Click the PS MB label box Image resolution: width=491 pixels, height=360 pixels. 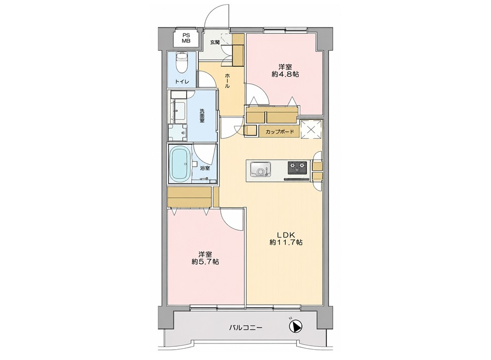(186, 38)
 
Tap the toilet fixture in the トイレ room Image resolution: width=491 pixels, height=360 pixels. (181, 62)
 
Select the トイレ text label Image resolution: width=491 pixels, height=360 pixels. (181, 82)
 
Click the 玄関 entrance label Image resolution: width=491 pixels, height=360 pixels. (214, 42)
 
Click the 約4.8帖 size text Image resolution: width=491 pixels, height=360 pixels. (285, 75)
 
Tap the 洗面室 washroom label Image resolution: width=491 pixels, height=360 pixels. (202, 115)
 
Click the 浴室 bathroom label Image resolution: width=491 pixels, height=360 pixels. (205, 168)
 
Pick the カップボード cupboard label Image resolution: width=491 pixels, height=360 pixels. (280, 132)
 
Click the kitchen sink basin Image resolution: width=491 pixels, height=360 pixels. (260, 169)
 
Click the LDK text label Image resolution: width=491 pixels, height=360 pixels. (285, 235)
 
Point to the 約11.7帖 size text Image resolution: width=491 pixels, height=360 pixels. (286, 243)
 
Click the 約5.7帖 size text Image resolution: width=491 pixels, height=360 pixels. (205, 262)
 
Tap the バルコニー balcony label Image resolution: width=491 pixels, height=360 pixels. (246, 328)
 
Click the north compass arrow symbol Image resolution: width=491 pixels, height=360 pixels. (295, 326)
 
